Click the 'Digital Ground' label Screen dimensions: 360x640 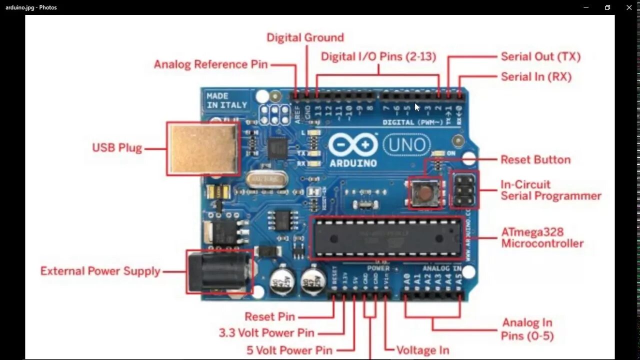[x=305, y=37]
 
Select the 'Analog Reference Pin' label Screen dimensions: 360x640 [x=210, y=64]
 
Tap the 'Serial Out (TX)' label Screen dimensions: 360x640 [x=540, y=56]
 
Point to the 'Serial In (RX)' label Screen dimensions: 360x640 [x=536, y=76]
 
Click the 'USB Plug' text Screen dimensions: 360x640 [x=117, y=148]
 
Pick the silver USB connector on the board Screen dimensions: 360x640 [x=203, y=148]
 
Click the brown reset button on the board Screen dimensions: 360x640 [x=425, y=192]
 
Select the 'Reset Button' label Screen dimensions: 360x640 [x=535, y=160]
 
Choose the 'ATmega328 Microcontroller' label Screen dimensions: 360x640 [x=542, y=238]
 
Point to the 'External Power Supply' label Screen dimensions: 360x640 [x=100, y=271]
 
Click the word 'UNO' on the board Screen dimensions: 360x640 [x=406, y=146]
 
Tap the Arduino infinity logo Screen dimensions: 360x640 [x=352, y=145]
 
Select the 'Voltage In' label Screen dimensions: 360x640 [x=422, y=350]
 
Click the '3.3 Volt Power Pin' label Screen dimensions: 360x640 [x=266, y=333]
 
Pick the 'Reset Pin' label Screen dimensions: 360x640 [x=269, y=316]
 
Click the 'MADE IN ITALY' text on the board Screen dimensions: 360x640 [x=226, y=100]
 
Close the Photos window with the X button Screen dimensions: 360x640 [x=629, y=7]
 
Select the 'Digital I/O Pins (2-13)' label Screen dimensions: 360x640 [x=378, y=56]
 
